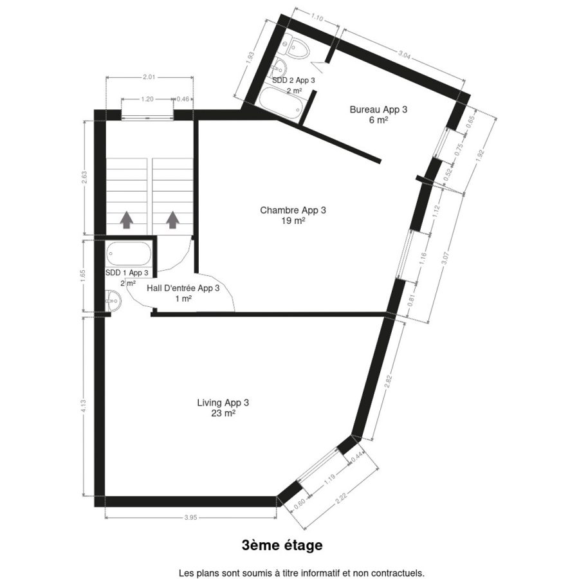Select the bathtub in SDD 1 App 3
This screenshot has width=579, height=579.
(129, 253)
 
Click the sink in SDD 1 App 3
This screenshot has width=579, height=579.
(113, 300)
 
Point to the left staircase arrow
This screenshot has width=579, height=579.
(127, 220)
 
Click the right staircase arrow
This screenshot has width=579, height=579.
(172, 220)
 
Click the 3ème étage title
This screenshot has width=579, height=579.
(282, 546)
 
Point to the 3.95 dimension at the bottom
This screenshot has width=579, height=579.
(190, 518)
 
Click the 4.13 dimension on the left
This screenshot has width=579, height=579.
(84, 407)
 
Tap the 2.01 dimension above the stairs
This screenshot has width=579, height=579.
(149, 77)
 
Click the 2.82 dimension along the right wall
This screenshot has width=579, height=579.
(388, 381)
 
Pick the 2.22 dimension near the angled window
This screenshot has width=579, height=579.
(341, 498)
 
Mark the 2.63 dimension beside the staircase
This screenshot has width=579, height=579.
(84, 178)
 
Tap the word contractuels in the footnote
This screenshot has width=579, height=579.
(401, 573)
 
